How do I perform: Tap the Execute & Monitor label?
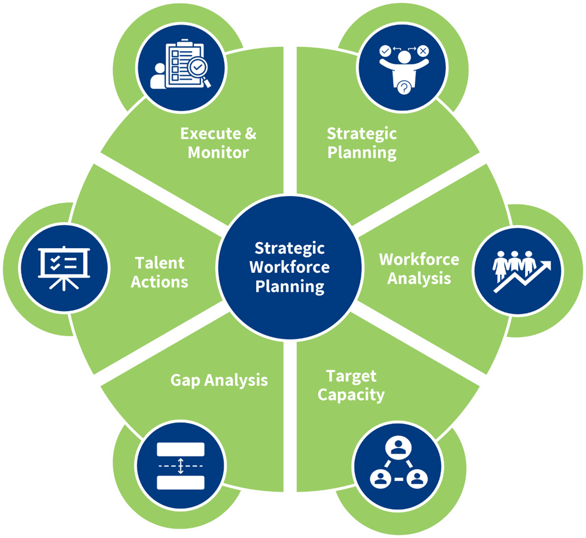(218, 143)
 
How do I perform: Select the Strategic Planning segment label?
(362, 143)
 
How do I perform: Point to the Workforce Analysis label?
(419, 268)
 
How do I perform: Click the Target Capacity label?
(351, 385)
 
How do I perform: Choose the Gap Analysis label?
(219, 380)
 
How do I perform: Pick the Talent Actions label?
(160, 272)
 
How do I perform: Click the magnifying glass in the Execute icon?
(198, 69)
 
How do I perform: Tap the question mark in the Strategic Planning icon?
(404, 87)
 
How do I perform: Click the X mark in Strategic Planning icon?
(423, 51)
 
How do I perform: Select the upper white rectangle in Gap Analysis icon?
(180, 449)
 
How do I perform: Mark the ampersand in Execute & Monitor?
(250, 133)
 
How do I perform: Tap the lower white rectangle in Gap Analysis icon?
(180, 482)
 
